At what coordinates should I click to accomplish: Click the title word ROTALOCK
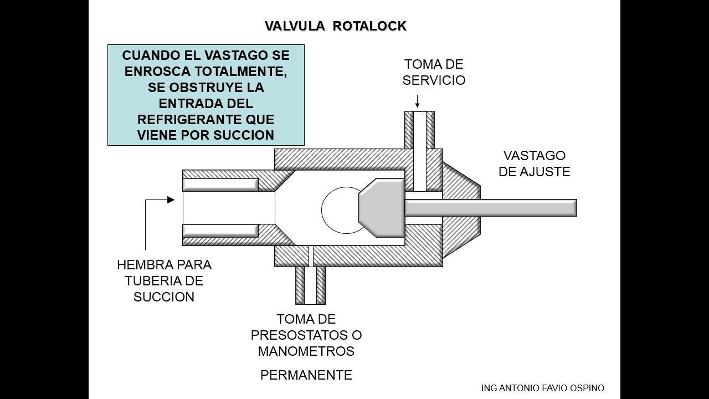[369, 26]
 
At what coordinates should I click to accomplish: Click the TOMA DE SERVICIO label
[434, 72]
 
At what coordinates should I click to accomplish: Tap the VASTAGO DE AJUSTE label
[534, 163]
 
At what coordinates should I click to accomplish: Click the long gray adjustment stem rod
[490, 208]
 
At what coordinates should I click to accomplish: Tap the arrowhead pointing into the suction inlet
[171, 199]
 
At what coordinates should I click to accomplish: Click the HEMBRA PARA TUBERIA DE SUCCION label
[164, 280]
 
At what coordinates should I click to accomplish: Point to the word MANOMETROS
[306, 351]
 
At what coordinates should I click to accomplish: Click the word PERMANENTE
[306, 375]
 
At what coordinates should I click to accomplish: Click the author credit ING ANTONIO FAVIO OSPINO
[543, 388]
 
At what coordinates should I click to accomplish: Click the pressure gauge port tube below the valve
[310, 285]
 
